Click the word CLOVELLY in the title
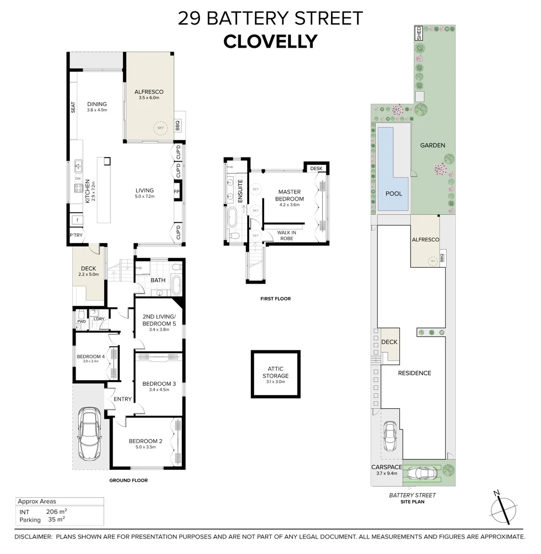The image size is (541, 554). coord(270,41)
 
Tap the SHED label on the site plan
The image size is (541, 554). coord(419,33)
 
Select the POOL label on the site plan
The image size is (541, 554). coord(394,194)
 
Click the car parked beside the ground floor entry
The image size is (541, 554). coord(89,433)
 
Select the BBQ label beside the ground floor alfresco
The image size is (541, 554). coord(178,125)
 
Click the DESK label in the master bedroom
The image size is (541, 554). coord(316,168)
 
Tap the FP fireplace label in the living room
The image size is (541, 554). coord(176,193)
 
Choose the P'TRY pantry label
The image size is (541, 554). coord(76,235)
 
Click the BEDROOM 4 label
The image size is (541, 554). coord(90,357)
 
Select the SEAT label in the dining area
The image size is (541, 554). coord(73,107)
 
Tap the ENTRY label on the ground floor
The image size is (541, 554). coord(123,399)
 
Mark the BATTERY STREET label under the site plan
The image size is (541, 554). coord(412,495)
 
